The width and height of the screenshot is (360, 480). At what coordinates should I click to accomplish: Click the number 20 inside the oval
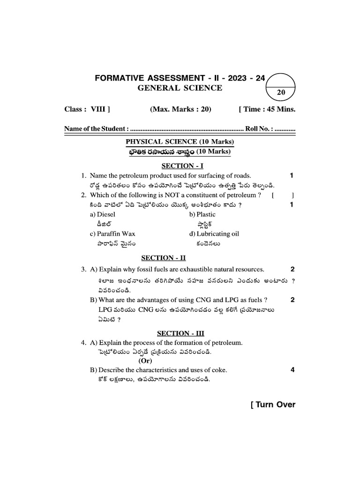pos(281,93)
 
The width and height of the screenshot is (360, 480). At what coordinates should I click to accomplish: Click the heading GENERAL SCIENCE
pos(180,88)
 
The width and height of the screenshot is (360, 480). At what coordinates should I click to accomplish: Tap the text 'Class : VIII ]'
pos(87,109)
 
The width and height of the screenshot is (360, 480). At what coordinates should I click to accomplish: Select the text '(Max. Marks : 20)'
pos(180,109)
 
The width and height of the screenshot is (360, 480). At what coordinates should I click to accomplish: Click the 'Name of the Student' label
pos(96,128)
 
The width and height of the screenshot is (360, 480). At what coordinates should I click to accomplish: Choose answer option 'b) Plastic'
pos(202,214)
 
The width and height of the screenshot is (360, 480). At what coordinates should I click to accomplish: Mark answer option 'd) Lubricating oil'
pos(214,233)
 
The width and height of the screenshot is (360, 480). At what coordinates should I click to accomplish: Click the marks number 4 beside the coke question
pos(292,370)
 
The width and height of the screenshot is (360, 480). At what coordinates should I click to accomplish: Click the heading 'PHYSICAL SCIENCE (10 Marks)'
pos(180,142)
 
